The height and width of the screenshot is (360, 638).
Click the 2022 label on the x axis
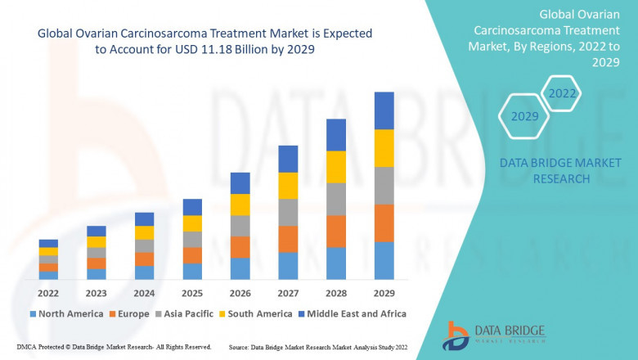pyautogui.click(x=48, y=293)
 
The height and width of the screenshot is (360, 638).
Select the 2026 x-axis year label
pyautogui.click(x=240, y=293)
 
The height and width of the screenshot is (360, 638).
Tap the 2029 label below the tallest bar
pyautogui.click(x=384, y=293)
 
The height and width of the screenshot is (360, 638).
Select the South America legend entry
pyautogui.click(x=255, y=313)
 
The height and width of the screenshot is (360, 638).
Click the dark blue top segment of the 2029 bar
pyautogui.click(x=384, y=110)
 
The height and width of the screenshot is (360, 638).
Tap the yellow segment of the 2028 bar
pyautogui.click(x=335, y=167)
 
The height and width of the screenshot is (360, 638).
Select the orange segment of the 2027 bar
pyautogui.click(x=288, y=239)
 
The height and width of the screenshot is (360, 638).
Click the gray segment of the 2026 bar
pyautogui.click(x=240, y=226)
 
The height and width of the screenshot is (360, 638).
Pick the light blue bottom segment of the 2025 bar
pyautogui.click(x=192, y=272)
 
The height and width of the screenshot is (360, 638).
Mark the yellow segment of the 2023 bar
pyautogui.click(x=97, y=241)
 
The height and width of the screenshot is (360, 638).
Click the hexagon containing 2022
pyautogui.click(x=562, y=93)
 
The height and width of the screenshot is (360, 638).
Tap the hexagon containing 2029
pyautogui.click(x=524, y=117)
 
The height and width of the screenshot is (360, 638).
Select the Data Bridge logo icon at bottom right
pyautogui.click(x=456, y=335)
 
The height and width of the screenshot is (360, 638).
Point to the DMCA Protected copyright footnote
pyautogui.click(x=114, y=347)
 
